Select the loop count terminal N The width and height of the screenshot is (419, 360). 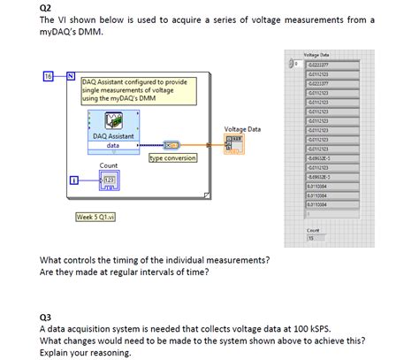click(69, 75)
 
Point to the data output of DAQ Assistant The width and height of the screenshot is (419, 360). click(113, 145)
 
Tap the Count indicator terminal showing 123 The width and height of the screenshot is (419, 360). click(110, 180)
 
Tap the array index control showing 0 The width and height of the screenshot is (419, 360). click(296, 64)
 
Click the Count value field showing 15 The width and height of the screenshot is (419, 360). click(312, 237)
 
